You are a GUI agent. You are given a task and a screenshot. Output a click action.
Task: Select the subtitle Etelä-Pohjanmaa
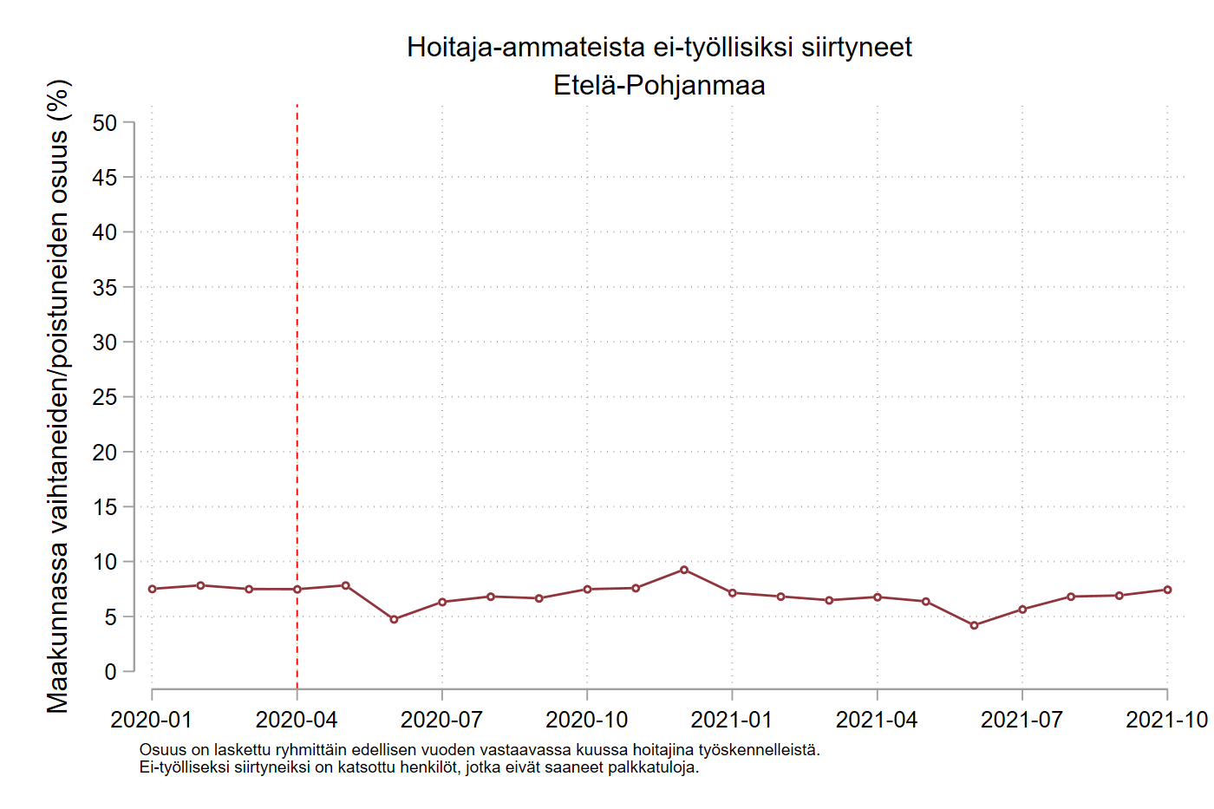(659, 85)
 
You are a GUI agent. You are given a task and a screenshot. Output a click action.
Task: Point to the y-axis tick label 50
(104, 123)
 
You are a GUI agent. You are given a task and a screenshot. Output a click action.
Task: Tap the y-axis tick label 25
(104, 397)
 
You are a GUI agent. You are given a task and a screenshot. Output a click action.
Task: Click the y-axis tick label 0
(110, 672)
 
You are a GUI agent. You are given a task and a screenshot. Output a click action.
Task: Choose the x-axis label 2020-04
(297, 720)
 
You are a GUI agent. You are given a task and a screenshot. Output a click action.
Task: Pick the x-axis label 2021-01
(731, 720)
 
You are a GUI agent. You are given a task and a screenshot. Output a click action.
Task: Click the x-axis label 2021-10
(1166, 720)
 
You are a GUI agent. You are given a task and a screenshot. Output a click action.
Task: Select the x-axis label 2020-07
(441, 720)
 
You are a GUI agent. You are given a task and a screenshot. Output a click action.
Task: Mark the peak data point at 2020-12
(684, 570)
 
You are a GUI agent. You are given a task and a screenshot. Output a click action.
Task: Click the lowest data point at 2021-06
(974, 625)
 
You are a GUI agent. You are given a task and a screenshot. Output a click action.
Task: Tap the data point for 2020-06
(394, 619)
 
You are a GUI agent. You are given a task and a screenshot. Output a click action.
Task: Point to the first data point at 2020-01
(153, 589)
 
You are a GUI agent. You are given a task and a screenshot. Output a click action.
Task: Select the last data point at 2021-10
(1167, 590)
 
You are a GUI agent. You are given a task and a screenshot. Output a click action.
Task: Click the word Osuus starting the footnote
(162, 750)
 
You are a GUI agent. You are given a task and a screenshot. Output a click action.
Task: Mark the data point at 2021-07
(1022, 610)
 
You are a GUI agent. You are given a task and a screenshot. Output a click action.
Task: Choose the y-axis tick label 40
(104, 232)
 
